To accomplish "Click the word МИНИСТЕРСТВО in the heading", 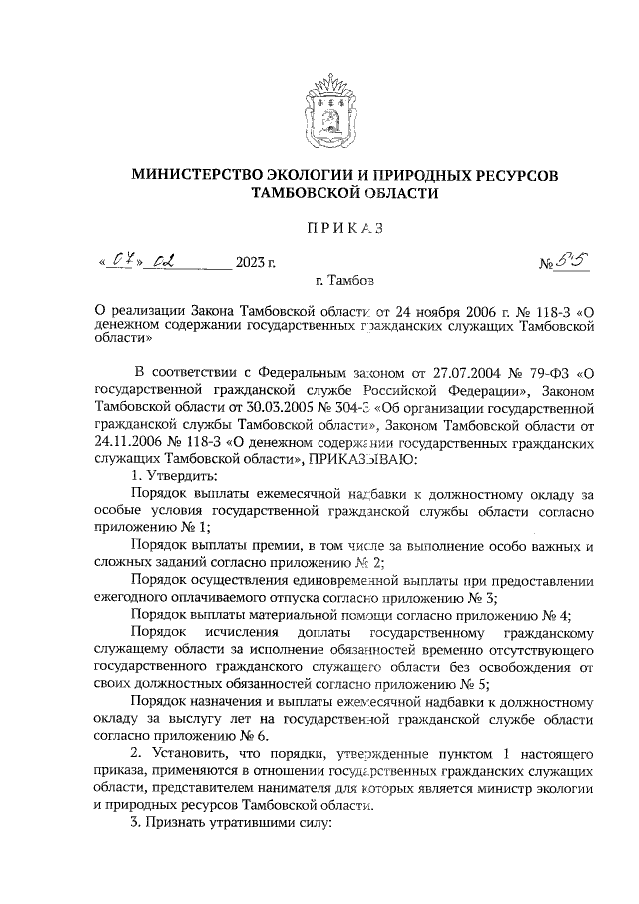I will [196, 175].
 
